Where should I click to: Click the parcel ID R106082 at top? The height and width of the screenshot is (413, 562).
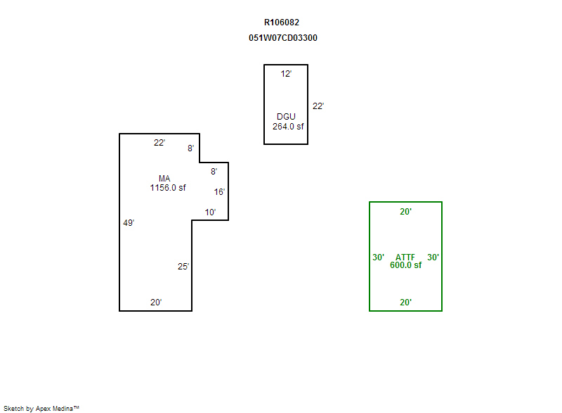click(282, 23)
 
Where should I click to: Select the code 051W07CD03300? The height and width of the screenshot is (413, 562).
click(283, 38)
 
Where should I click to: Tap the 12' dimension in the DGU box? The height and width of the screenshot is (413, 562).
click(286, 74)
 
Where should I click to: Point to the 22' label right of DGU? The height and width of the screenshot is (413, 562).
click(318, 106)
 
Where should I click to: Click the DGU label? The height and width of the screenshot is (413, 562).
click(286, 117)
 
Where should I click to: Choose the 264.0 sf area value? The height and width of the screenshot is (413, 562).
click(288, 127)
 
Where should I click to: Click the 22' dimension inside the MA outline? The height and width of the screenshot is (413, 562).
click(159, 142)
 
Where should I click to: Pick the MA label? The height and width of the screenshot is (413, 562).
click(164, 178)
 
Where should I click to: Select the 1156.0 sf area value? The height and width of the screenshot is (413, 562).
click(168, 187)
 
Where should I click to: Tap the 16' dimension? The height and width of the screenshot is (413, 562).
click(219, 192)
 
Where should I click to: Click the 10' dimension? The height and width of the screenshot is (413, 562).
click(210, 212)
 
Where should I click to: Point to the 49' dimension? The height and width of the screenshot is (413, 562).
click(129, 223)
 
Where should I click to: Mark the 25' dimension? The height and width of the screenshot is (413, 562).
click(183, 266)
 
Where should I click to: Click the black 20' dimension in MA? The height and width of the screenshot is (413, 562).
click(156, 302)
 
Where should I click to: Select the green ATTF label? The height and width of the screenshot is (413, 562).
click(405, 258)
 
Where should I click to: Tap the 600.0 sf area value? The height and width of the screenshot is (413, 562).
click(406, 265)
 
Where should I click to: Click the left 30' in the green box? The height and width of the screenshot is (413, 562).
click(378, 258)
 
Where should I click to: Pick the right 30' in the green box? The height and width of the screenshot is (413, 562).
click(433, 258)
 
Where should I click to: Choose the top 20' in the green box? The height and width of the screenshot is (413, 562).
click(406, 211)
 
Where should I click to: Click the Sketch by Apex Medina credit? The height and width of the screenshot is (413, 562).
click(41, 408)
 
